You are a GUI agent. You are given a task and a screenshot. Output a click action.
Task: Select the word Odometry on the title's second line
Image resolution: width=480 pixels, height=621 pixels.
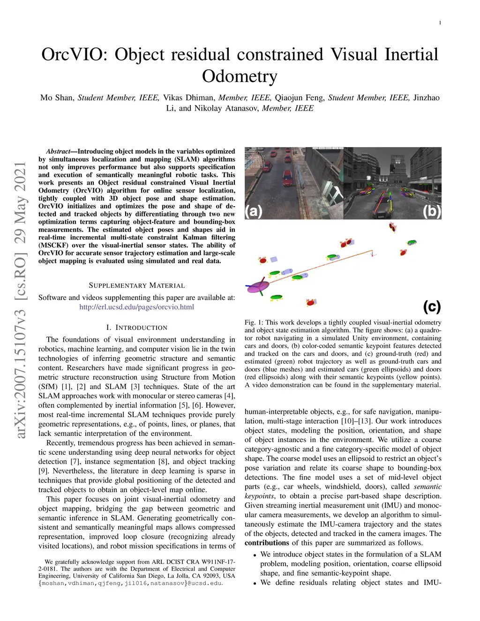[x=240, y=76]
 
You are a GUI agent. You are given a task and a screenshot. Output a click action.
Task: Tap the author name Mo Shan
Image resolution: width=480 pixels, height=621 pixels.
[x=57, y=98]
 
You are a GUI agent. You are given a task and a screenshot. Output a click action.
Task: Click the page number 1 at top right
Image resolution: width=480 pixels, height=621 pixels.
[x=440, y=22]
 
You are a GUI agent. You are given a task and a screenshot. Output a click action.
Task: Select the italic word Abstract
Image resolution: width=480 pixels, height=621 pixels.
[x=58, y=151]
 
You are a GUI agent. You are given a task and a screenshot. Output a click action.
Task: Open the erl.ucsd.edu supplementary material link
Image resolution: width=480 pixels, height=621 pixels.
[x=136, y=307]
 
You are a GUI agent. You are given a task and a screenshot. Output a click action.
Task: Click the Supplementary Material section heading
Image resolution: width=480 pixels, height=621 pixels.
[x=136, y=285]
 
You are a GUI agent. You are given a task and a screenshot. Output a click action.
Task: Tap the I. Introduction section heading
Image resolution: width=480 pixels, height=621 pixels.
[x=136, y=328]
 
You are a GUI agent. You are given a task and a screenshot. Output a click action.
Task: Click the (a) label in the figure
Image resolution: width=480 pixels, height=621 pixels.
[x=254, y=211]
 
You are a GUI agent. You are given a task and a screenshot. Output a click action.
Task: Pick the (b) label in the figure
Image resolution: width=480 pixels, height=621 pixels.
[x=432, y=211]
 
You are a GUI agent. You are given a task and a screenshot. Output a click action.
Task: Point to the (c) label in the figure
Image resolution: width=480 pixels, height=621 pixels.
[x=432, y=307]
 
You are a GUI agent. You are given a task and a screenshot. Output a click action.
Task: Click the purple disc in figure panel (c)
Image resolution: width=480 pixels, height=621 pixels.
[x=258, y=287]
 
